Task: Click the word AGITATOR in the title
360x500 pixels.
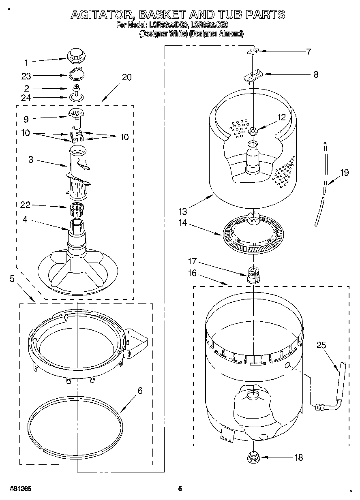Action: tap(102, 15)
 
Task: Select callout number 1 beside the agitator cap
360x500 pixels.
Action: tap(27, 62)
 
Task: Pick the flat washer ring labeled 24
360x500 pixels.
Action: tap(75, 97)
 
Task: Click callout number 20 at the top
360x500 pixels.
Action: tap(127, 77)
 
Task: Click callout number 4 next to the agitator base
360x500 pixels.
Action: tap(25, 220)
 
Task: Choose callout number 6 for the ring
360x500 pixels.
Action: tap(140, 391)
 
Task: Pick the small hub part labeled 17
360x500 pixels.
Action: tap(253, 275)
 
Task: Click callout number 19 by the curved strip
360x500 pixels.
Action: tap(344, 173)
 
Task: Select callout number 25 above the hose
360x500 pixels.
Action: tap(321, 346)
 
